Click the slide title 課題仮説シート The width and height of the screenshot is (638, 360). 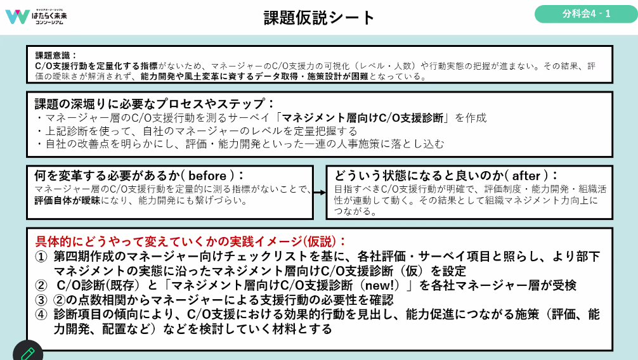[x=319, y=17]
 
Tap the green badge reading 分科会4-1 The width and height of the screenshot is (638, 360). [x=586, y=14]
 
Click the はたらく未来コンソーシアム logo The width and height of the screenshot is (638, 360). [x=37, y=16]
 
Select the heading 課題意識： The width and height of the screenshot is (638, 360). [x=56, y=55]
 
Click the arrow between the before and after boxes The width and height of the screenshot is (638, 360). [x=320, y=191]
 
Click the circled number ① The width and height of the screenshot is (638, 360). [x=41, y=257]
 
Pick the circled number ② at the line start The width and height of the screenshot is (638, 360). [x=41, y=285]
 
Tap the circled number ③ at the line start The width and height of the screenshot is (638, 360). [x=41, y=300]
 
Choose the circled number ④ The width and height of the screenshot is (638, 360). [x=41, y=314]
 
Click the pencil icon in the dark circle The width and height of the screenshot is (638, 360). [x=27, y=352]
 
